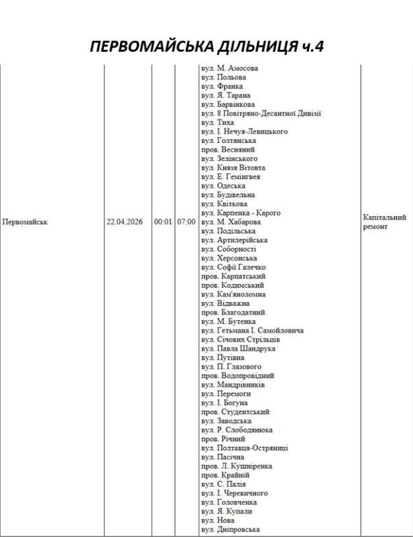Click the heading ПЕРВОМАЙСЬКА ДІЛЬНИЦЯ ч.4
click(x=206, y=48)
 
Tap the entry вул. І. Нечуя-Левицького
click(x=244, y=132)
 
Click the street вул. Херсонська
click(x=228, y=258)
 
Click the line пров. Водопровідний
click(x=237, y=376)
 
